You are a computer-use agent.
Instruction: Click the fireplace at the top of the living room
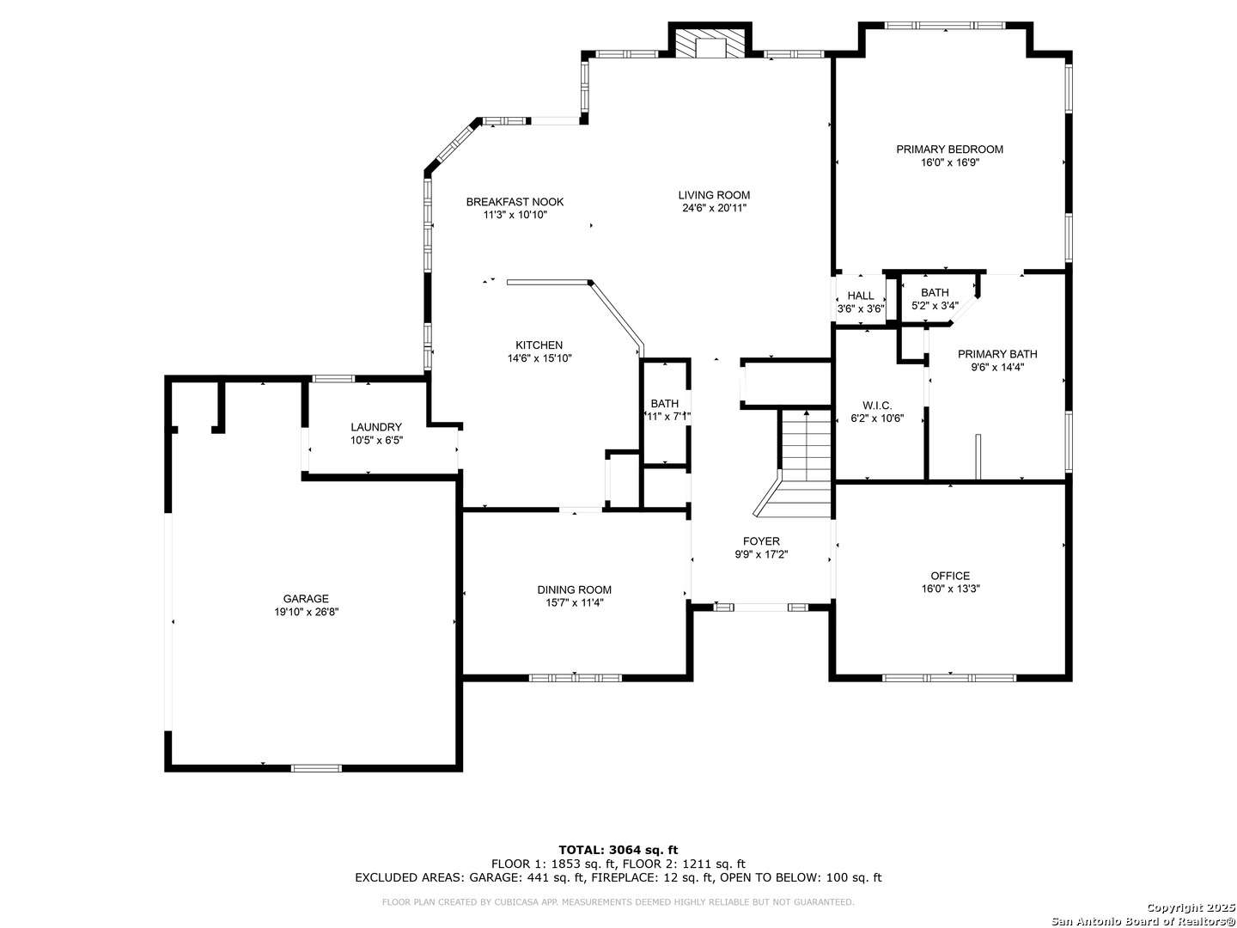(710, 40)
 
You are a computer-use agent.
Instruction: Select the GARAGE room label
(306, 599)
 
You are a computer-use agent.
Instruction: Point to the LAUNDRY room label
(376, 427)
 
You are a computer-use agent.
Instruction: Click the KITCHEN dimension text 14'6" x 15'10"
(539, 357)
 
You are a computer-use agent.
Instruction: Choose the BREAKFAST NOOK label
(515, 202)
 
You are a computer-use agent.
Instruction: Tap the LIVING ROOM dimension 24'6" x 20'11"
(714, 208)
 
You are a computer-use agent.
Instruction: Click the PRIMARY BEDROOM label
(949, 150)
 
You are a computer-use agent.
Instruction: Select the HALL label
(861, 296)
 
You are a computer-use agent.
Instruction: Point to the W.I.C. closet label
(877, 406)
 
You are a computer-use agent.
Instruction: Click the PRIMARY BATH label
(997, 354)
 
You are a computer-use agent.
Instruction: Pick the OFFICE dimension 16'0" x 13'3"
(950, 589)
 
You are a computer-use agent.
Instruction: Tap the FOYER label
(761, 541)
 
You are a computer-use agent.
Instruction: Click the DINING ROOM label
(575, 590)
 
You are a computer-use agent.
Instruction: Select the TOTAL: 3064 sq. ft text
(618, 850)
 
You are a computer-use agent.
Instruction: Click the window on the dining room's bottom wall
(576, 677)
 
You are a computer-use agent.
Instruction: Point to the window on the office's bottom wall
(949, 677)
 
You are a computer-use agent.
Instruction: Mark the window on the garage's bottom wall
(316, 767)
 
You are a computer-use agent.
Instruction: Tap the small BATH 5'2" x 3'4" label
(935, 299)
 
